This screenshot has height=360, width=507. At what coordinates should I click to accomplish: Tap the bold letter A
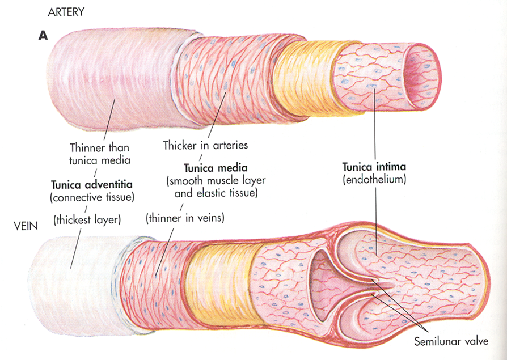pyautogui.click(x=43, y=35)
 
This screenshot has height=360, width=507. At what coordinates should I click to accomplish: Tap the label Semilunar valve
pyautogui.click(x=451, y=342)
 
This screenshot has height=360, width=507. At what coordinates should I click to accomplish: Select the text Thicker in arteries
pyautogui.click(x=205, y=145)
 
